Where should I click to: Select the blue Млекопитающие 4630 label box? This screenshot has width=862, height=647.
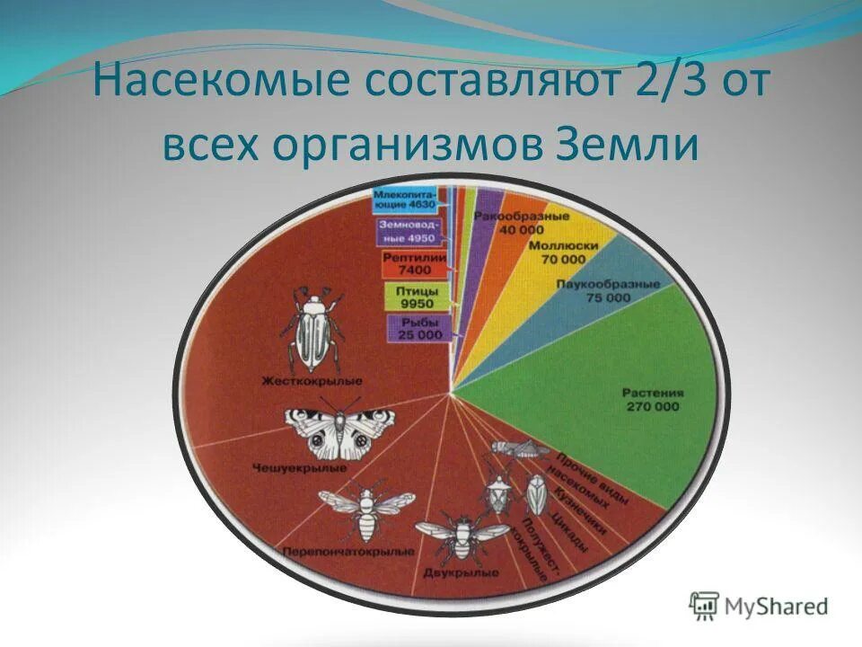[x=405, y=199]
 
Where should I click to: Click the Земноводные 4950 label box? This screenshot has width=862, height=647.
[x=407, y=232]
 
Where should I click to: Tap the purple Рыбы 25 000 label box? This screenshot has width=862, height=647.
[x=416, y=329]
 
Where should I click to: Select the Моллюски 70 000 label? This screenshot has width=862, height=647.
[x=563, y=253]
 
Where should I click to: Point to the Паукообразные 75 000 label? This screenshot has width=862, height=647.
[x=620, y=289]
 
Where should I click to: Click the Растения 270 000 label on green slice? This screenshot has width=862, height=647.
[x=653, y=399]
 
